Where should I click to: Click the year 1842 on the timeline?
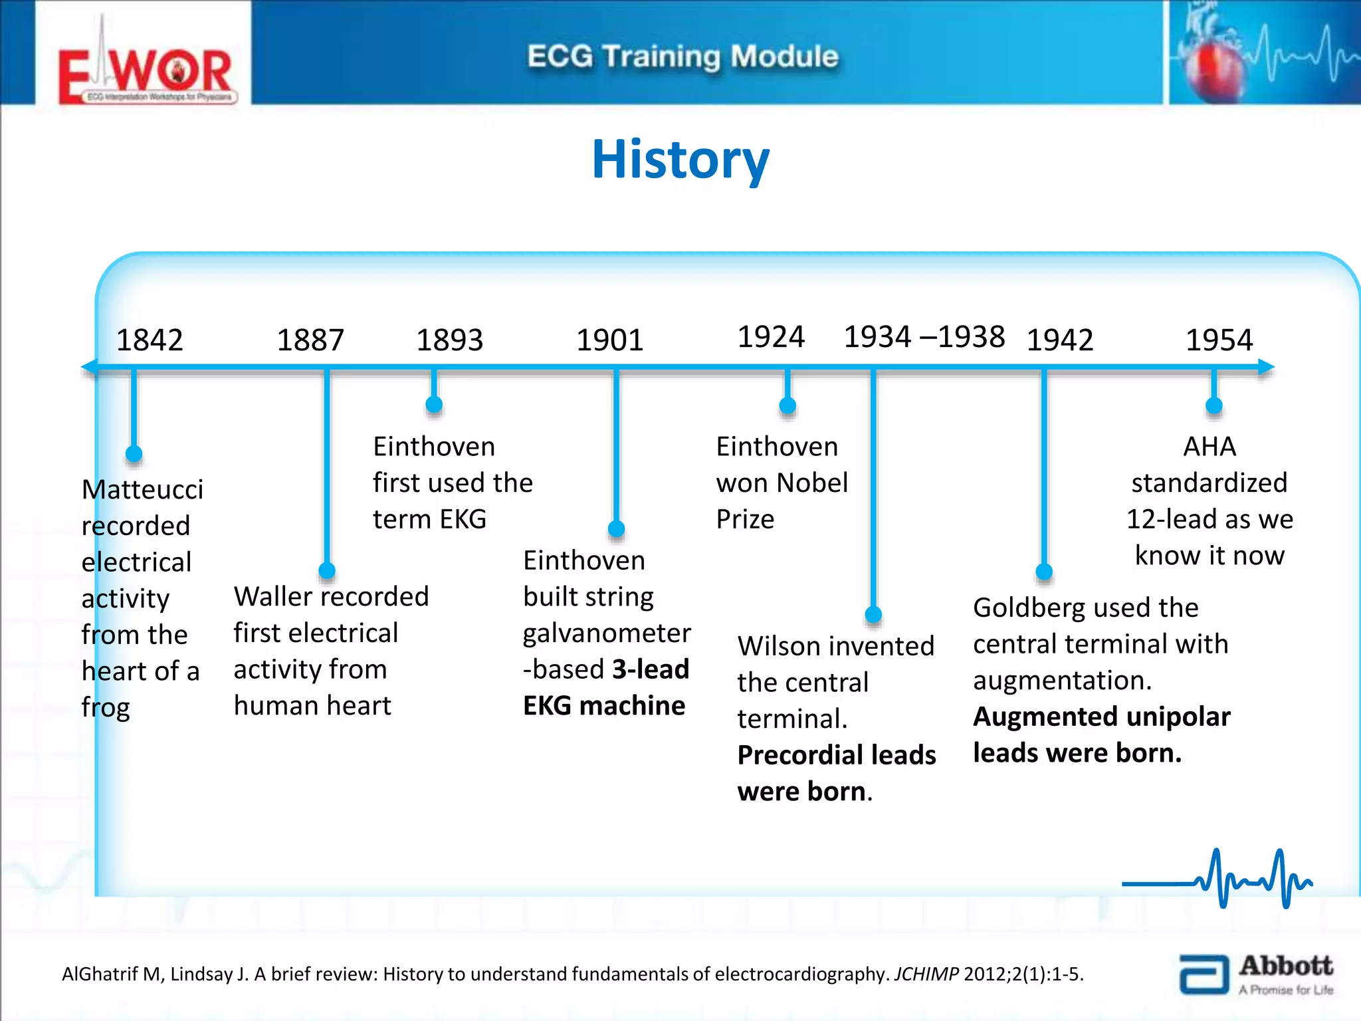tap(150, 340)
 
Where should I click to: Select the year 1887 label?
tap(310, 340)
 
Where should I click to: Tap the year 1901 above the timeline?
tap(609, 340)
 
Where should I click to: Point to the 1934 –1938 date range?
tap(924, 337)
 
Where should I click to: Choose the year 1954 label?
tap(1219, 340)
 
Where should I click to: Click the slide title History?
tap(680, 160)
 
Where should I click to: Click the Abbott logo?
tap(1256, 974)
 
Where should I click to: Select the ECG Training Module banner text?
tap(682, 57)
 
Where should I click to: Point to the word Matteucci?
tap(142, 490)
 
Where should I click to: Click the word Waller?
tap(273, 597)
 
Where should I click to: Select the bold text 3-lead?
tap(651, 669)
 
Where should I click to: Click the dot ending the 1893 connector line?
tap(434, 404)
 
